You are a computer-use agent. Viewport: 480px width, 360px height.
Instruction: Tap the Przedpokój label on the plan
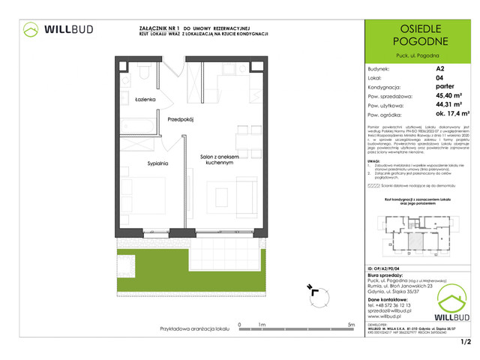181,119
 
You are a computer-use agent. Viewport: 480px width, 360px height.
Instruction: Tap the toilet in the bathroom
142,73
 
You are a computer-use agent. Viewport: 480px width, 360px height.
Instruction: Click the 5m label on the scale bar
351,325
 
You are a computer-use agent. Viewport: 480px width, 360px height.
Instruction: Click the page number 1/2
465,343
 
